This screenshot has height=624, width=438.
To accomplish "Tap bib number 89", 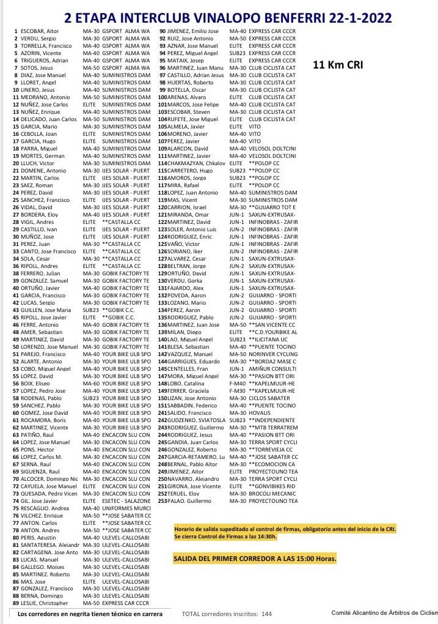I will (x=15, y=603).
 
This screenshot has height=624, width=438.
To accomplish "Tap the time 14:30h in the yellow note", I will (x=266, y=536).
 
